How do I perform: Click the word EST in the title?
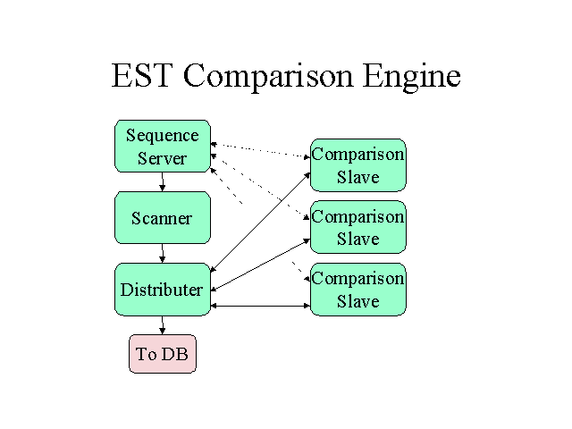[x=141, y=75]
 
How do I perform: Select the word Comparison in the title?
[x=268, y=78]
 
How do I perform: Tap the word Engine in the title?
[x=412, y=78]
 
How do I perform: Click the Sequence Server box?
[x=163, y=146]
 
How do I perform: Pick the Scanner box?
[x=163, y=217]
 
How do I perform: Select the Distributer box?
[x=163, y=290]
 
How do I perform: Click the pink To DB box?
[x=163, y=354]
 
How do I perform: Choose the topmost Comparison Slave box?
[x=357, y=164]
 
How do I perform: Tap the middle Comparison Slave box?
[x=357, y=227]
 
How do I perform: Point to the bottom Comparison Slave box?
[x=357, y=290]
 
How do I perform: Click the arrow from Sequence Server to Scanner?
[x=163, y=181]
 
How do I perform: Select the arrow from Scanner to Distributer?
[x=163, y=253]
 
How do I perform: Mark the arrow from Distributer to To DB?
[x=163, y=325]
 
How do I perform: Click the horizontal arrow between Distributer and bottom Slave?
[x=260, y=306]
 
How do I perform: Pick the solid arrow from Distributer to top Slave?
[x=260, y=223]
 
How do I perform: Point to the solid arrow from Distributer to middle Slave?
[x=260, y=265]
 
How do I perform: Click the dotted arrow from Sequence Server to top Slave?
[x=260, y=151]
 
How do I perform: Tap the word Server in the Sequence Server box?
[x=163, y=158]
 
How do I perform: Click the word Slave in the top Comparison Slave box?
[x=357, y=177]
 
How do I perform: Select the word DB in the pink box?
[x=176, y=354]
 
